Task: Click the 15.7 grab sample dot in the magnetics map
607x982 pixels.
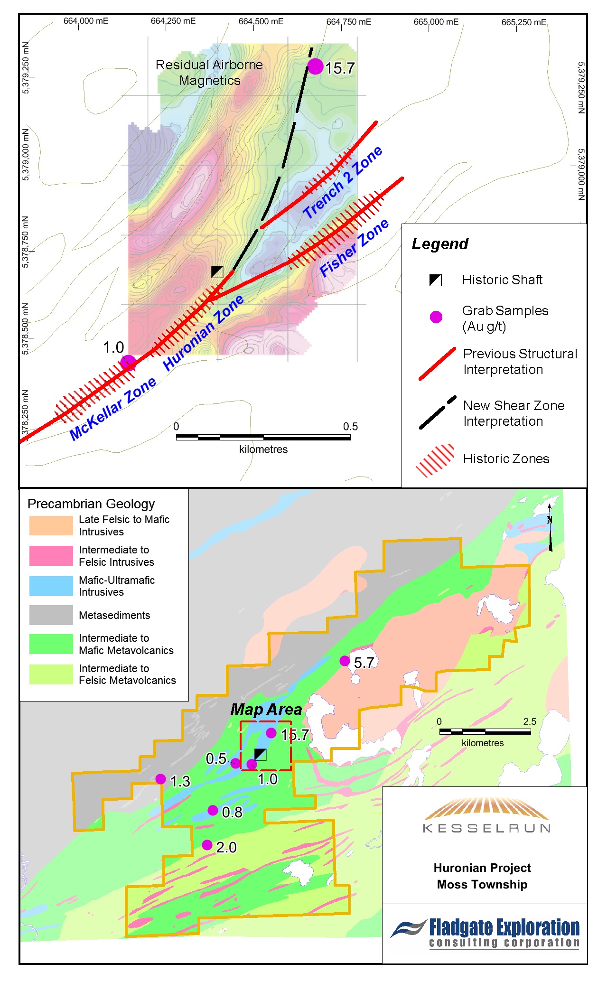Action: click(x=316, y=66)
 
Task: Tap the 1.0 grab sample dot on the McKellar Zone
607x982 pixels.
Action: click(x=128, y=363)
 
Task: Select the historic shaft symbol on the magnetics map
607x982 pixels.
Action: click(x=217, y=271)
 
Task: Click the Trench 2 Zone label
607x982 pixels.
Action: click(x=343, y=182)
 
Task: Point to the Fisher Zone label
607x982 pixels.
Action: click(x=354, y=248)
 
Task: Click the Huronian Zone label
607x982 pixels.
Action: click(x=204, y=332)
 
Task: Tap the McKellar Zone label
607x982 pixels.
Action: click(x=112, y=409)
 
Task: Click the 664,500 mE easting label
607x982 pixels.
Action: click(x=261, y=21)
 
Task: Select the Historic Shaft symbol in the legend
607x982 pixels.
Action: click(x=435, y=280)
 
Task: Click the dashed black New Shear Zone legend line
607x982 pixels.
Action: click(x=437, y=412)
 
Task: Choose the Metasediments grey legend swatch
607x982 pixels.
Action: click(x=51, y=615)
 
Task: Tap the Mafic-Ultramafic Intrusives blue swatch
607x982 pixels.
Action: click(x=51, y=586)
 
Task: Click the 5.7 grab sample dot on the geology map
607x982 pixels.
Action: click(x=345, y=661)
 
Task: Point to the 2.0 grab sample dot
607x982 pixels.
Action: click(x=207, y=845)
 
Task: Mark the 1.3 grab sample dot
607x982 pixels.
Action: click(x=160, y=779)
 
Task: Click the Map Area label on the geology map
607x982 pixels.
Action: click(x=266, y=710)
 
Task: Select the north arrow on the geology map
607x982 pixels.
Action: click(x=550, y=527)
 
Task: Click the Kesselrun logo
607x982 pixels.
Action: click(x=485, y=816)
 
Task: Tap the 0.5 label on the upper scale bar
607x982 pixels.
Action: click(x=350, y=426)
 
